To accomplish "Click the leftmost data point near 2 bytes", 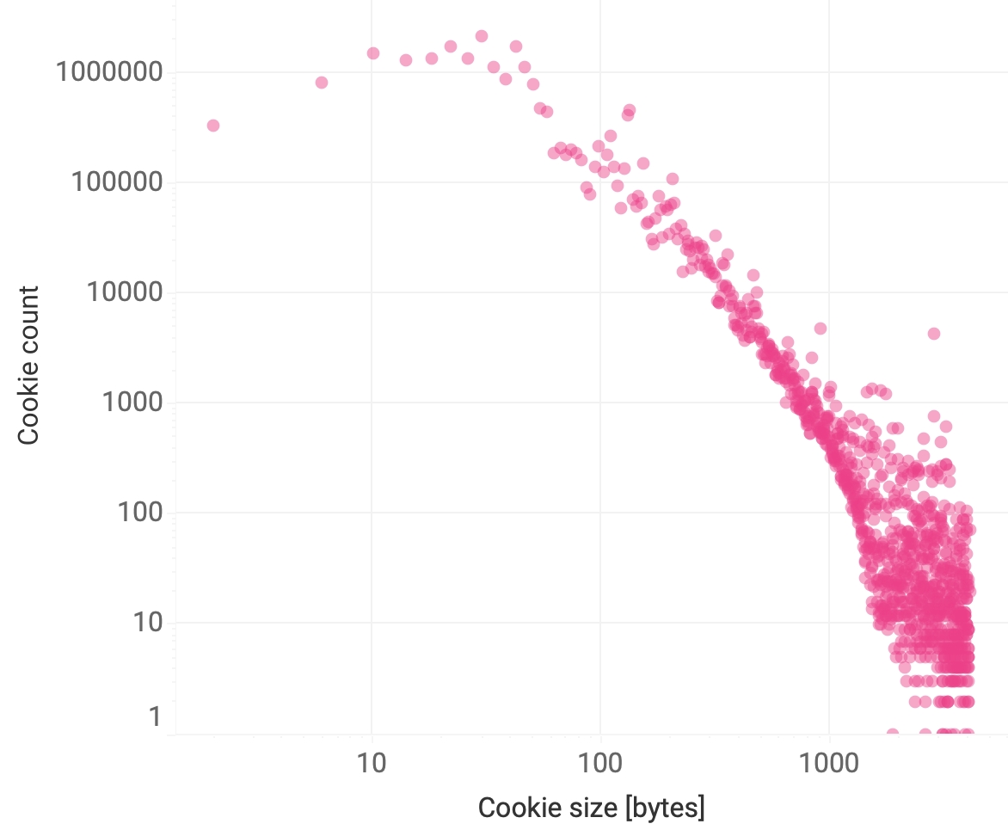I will pos(213,126).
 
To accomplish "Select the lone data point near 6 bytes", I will pos(322,83).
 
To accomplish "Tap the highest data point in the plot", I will pos(482,36).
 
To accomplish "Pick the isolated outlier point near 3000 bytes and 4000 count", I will pos(934,334).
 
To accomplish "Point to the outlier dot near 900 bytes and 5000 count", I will pos(821,329).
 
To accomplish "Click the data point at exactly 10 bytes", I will pos(373,53).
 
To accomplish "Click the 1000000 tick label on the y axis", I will pos(109,72).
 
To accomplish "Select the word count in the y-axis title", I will pos(29,327).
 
